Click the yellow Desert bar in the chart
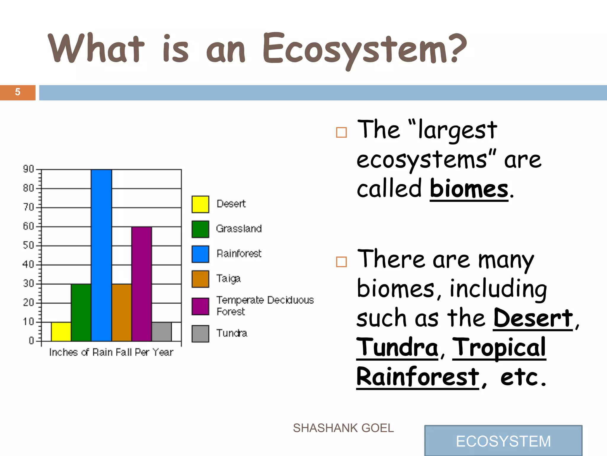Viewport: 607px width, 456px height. click(x=61, y=332)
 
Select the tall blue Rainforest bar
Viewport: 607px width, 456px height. click(x=102, y=255)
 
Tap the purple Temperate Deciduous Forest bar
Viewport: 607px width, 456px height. click(x=142, y=284)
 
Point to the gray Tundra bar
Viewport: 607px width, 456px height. click(x=162, y=332)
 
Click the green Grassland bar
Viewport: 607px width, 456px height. click(x=81, y=312)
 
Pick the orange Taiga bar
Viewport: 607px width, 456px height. click(x=122, y=312)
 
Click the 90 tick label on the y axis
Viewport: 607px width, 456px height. click(x=28, y=169)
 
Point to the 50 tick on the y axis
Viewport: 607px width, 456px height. click(x=28, y=246)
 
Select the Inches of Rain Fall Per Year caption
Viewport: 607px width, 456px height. click(x=111, y=352)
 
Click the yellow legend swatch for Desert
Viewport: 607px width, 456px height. click(x=200, y=204)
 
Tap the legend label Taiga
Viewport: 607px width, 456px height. click(x=228, y=279)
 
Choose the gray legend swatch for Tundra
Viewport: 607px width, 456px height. click(x=200, y=334)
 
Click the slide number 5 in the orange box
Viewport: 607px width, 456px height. click(x=18, y=92)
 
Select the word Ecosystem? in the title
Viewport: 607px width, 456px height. click(x=365, y=49)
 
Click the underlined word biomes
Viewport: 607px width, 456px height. click(x=469, y=189)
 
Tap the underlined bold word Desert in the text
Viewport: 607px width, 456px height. click(x=533, y=318)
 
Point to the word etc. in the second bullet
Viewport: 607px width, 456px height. click(x=523, y=377)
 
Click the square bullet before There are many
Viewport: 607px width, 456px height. click(x=341, y=262)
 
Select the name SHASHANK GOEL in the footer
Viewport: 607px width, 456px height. click(x=343, y=428)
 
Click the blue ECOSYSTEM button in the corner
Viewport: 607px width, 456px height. click(x=503, y=441)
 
